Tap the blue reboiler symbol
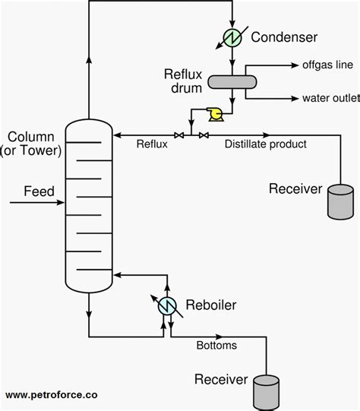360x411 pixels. pos(167,306)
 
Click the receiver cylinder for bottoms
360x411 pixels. pos(266,390)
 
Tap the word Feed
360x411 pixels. pos(39,191)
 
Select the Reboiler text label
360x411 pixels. pos(210,305)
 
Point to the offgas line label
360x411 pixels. pos(327,66)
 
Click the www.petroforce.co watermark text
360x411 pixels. pos(52,395)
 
